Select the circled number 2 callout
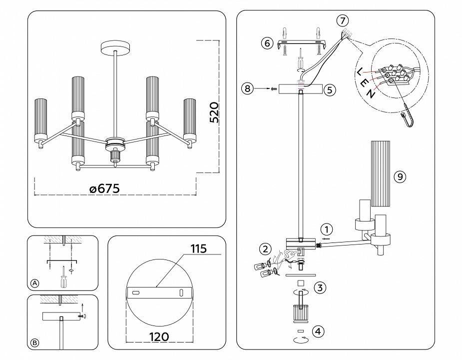pos(265,249)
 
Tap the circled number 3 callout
pos(320,287)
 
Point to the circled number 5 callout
pos(329,90)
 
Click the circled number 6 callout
pos(267,43)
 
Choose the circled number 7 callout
pos(342,20)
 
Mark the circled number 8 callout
pos(247,89)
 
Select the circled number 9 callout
pos(399,176)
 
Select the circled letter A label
pos(34,283)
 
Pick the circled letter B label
pos(34,342)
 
